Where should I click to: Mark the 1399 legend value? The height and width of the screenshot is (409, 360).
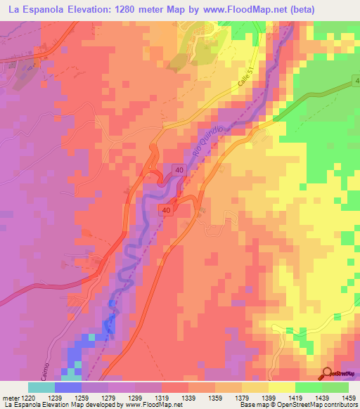coord(266,398)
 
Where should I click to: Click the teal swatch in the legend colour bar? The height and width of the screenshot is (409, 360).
coord(41,387)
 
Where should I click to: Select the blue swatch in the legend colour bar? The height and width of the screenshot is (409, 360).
coord(68,387)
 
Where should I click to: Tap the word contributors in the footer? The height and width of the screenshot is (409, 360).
coord(338,405)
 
